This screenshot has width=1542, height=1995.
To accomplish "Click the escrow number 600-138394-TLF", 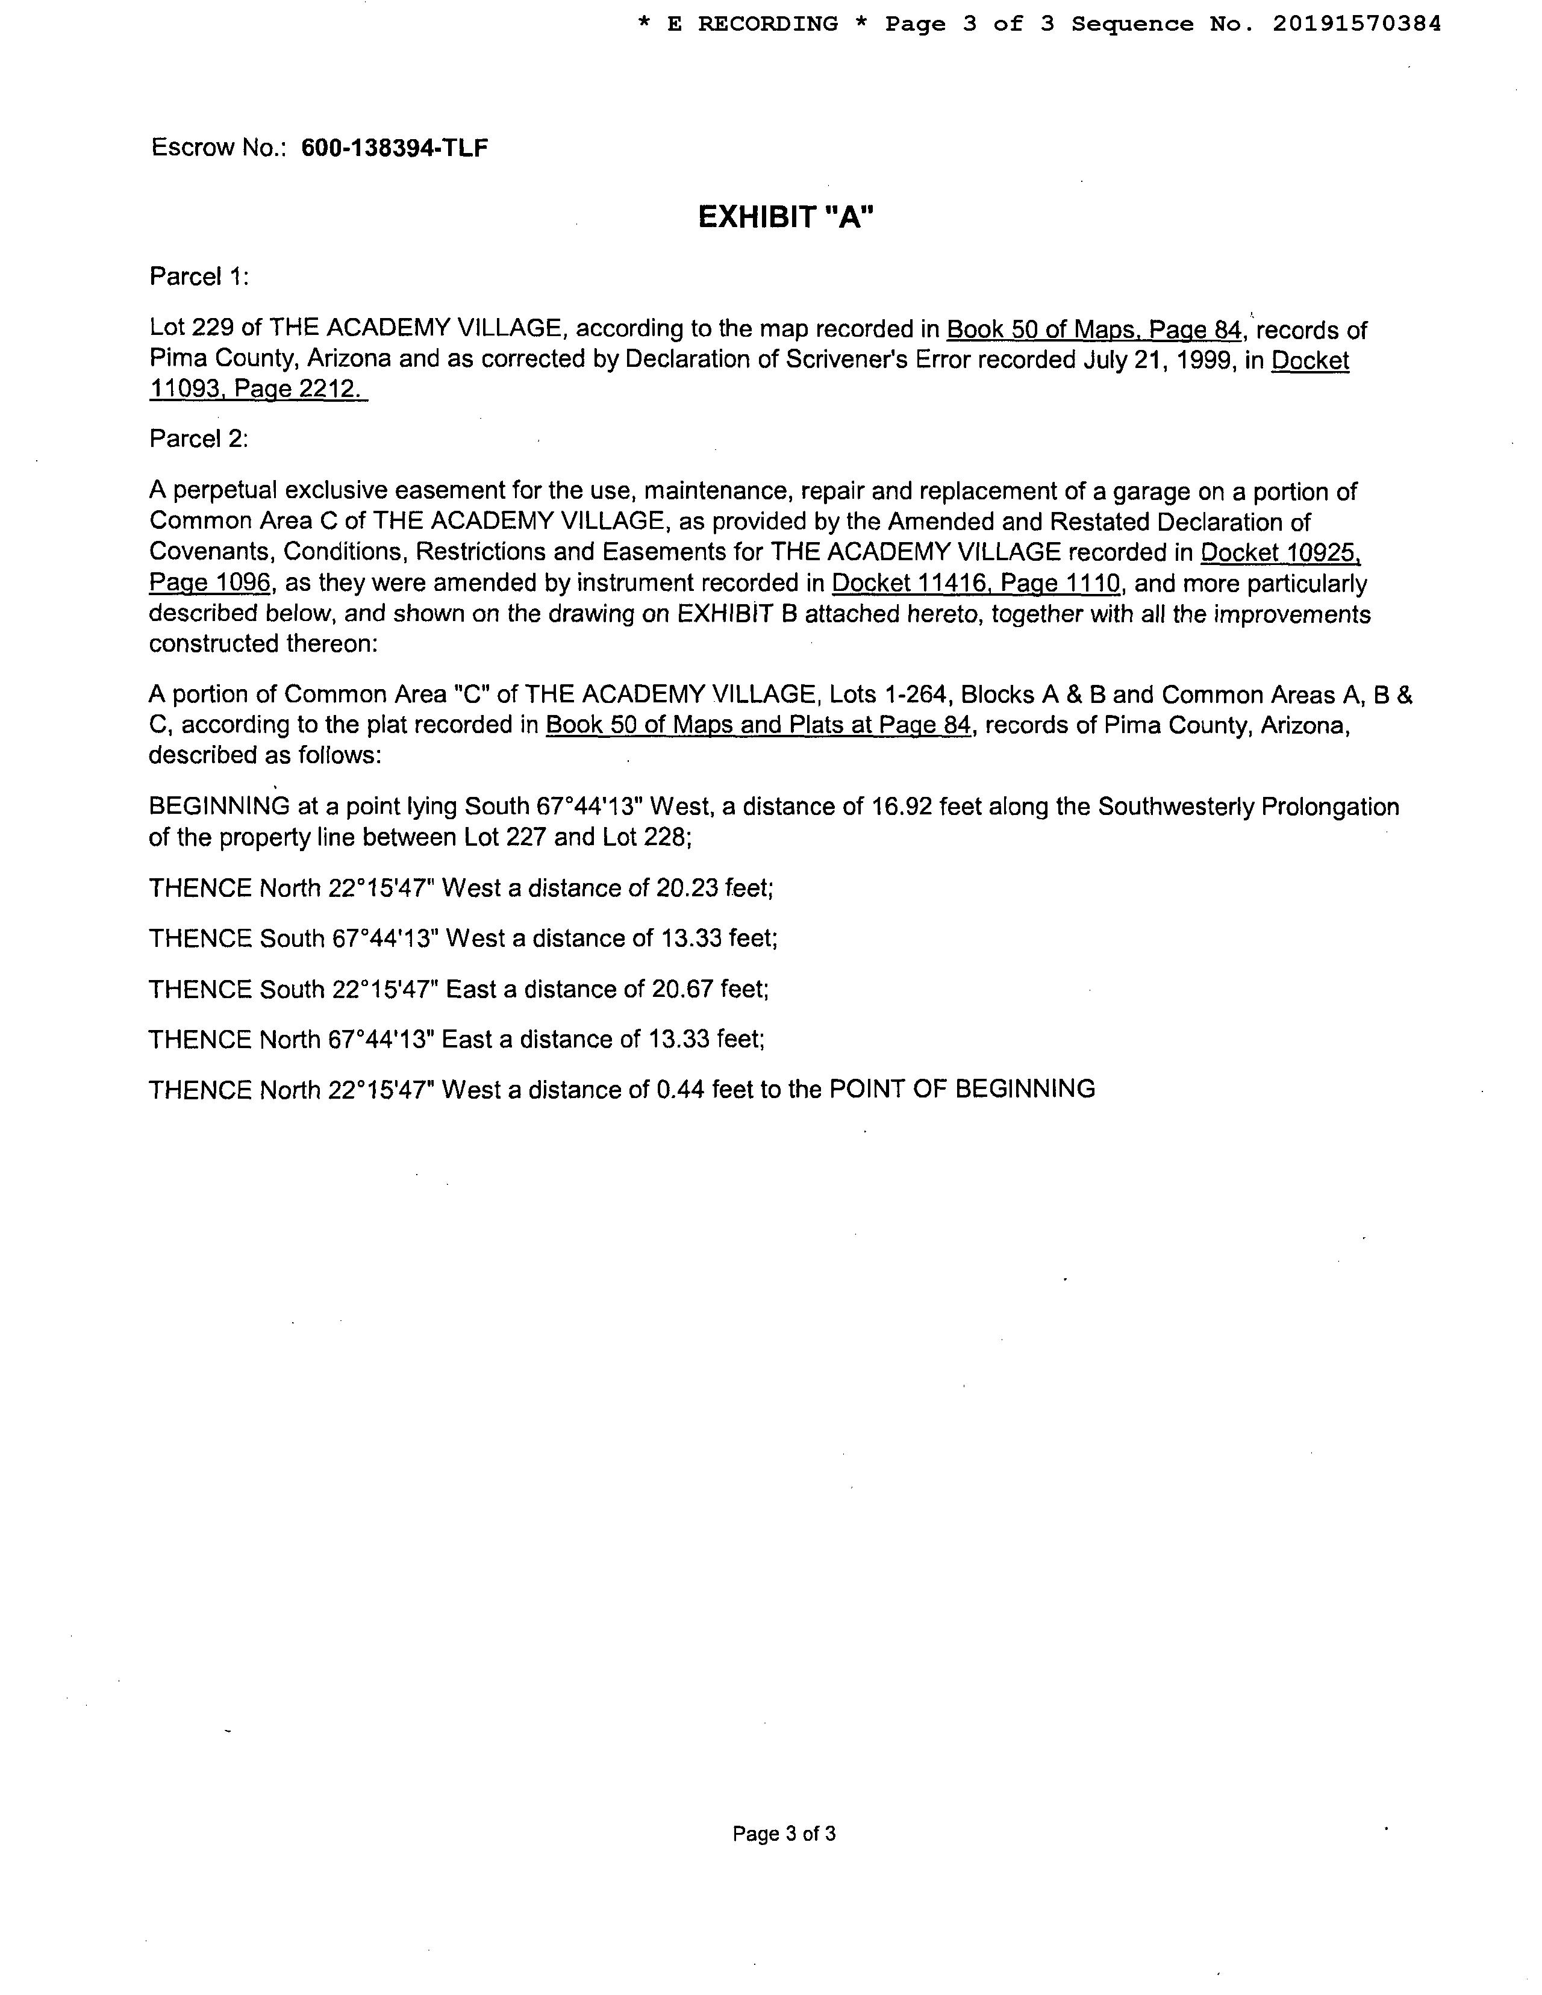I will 394,148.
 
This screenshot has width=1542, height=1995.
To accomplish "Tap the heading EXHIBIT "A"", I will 785,217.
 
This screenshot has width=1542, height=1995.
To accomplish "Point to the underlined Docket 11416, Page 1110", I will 976,584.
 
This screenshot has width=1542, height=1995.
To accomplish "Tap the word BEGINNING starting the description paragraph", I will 219,807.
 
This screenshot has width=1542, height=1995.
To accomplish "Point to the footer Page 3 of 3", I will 784,1834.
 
